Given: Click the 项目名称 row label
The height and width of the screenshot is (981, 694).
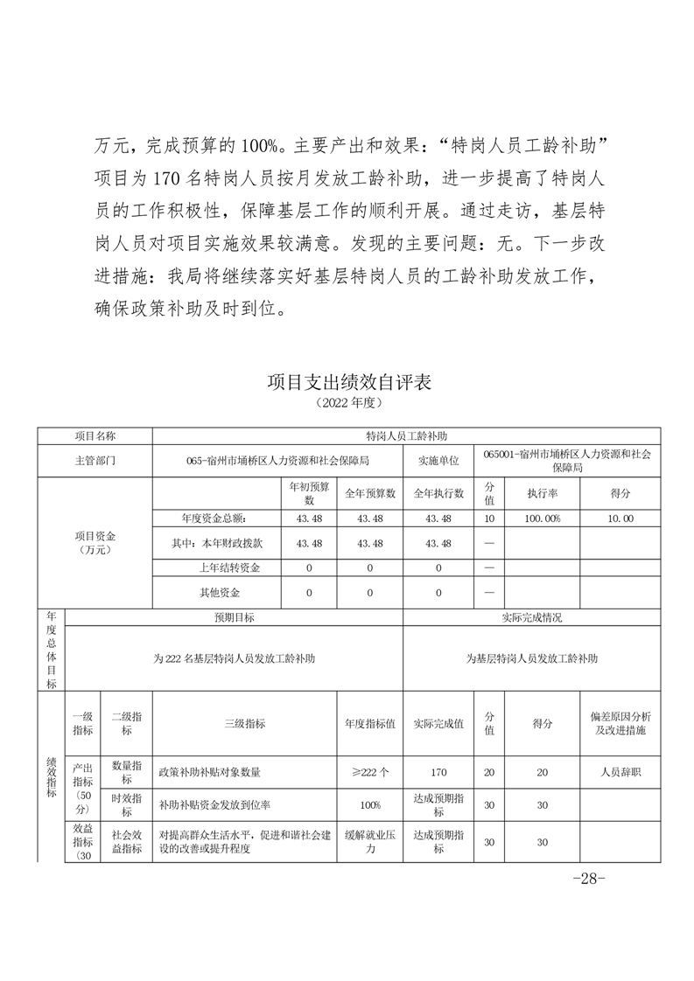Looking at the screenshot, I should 95,435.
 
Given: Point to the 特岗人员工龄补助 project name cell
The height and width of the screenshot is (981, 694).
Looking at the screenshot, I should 407,435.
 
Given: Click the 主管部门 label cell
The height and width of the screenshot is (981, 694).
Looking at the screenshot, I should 95,460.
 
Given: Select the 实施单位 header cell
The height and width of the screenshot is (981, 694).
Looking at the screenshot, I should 438,460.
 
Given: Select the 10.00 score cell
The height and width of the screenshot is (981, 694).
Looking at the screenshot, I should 620,518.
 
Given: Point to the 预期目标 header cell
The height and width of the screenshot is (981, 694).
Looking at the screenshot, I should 235,617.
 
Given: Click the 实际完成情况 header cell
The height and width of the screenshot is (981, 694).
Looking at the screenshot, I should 532,617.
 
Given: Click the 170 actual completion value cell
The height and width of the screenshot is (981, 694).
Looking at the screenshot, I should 438,772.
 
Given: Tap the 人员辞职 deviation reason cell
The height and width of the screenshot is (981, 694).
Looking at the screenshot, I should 620,772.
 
